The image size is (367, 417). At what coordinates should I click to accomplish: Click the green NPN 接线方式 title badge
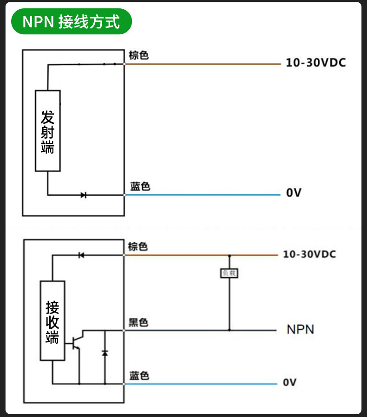coord(72,21)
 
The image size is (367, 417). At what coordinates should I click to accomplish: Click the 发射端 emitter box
coord(48,131)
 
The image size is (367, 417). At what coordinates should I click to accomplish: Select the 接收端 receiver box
coord(52,321)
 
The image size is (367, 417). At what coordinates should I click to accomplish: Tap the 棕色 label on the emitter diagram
coord(138,55)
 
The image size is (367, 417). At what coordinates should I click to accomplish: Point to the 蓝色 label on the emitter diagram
coord(140,186)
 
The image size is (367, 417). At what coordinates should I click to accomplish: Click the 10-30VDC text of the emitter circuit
coord(316,63)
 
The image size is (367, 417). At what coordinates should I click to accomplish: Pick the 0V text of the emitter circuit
coord(294,192)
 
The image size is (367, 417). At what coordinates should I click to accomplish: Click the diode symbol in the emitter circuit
coord(83,195)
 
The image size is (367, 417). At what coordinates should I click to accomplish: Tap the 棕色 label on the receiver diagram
coord(138,246)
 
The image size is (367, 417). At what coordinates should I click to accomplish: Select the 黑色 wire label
coord(138,322)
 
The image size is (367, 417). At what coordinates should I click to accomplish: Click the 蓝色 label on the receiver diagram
coord(139,376)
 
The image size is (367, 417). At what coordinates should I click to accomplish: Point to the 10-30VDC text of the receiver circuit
coord(309,254)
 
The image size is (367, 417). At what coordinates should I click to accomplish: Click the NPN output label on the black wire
coord(301,329)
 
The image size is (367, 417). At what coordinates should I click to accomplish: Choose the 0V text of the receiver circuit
coord(290,382)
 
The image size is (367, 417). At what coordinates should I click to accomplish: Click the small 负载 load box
coord(229,273)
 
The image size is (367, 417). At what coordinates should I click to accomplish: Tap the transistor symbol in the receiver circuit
coord(77,342)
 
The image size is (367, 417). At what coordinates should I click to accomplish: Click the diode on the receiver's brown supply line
coord(81,255)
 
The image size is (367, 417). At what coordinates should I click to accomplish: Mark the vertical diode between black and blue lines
coord(105,353)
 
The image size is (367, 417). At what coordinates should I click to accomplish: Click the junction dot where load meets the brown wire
coord(229,256)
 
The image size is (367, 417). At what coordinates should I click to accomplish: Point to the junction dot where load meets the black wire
coord(229,330)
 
